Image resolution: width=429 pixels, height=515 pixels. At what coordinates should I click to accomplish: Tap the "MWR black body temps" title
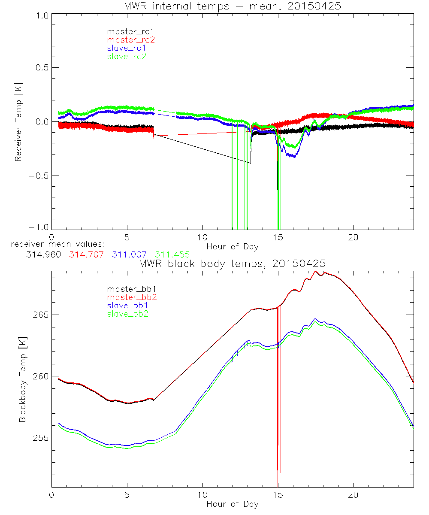click(232, 263)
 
